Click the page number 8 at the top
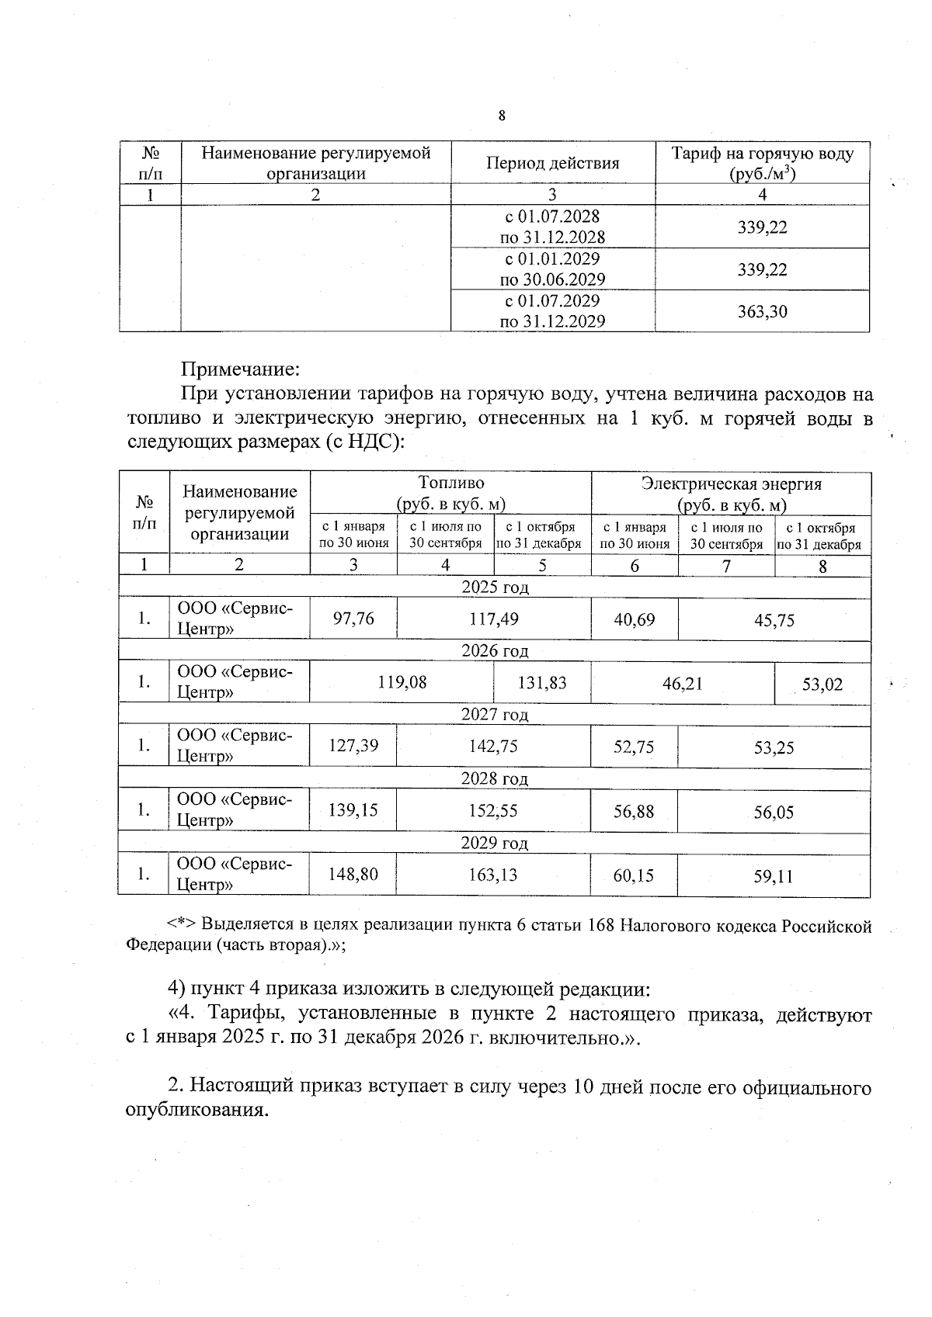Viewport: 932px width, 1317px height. [501, 116]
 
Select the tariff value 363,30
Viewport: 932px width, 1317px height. [762, 312]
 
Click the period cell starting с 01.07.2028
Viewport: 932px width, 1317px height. [552, 227]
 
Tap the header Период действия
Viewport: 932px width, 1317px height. [552, 163]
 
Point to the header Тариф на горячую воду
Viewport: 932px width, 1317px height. [762, 154]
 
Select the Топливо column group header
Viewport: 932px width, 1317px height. [450, 483]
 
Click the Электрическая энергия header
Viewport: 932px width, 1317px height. [731, 484]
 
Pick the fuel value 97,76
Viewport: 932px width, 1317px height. [353, 619]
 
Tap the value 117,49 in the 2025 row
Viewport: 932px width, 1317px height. [493, 619]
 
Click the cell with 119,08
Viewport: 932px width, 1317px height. [402, 682]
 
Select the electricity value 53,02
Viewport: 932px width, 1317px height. [822, 684]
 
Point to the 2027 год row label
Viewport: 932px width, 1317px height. [494, 714]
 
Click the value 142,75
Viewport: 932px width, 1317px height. [493, 746]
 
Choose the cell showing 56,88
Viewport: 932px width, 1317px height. [634, 811]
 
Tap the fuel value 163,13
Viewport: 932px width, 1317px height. [493, 875]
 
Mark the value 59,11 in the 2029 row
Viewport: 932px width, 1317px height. [774, 876]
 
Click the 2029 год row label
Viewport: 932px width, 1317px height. [494, 843]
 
